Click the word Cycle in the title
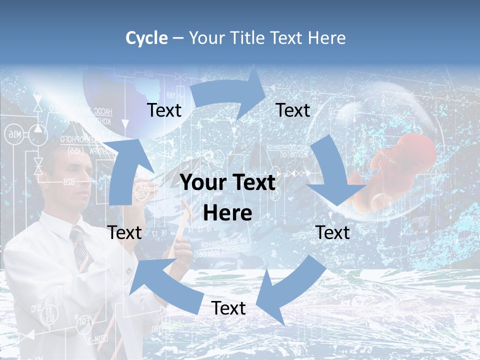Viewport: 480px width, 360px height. point(146,38)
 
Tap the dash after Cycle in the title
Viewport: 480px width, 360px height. point(178,38)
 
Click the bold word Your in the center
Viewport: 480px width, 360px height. point(203,183)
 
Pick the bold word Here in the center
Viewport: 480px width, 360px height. point(227,213)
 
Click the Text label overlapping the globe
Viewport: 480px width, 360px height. point(164,110)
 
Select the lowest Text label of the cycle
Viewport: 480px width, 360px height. point(228,308)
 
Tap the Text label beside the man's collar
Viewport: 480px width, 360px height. point(124,232)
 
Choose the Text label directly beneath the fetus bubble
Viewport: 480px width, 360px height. point(333,232)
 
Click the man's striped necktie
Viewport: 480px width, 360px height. point(82,255)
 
